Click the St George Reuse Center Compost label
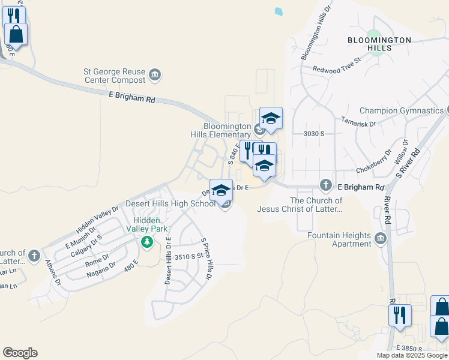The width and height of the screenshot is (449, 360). click(x=114, y=75)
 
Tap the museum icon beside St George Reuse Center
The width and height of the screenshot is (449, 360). click(x=155, y=75)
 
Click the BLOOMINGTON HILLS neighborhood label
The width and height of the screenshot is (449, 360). click(x=379, y=44)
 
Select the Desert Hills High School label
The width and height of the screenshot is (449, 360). click(x=170, y=203)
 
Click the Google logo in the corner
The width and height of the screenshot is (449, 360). click(x=20, y=353)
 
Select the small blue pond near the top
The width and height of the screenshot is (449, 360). click(x=278, y=11)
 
